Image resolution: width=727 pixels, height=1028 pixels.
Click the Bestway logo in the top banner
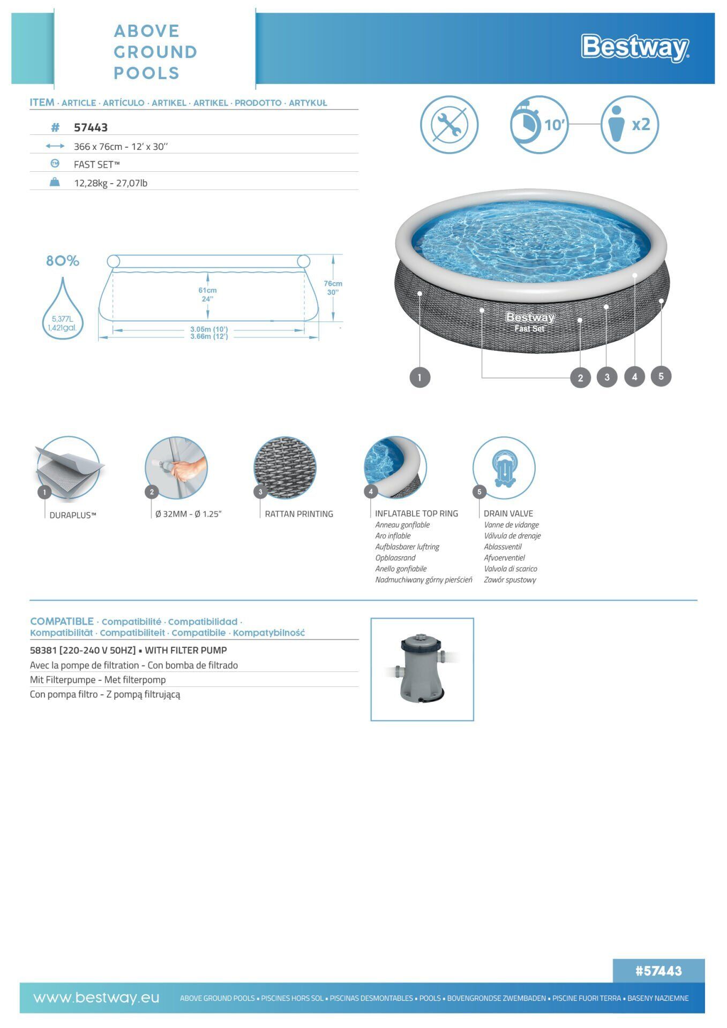(635, 48)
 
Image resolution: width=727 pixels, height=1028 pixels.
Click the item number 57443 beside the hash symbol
(91, 127)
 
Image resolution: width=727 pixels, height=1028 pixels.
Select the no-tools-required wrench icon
(449, 125)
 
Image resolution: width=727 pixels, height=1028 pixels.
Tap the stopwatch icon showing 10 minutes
(539, 124)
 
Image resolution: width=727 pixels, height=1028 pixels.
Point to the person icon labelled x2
(629, 125)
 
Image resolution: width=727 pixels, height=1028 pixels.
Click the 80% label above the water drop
(63, 261)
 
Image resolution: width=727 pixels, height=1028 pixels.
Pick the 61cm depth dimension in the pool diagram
(207, 294)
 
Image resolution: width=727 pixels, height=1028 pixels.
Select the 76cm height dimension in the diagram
(333, 288)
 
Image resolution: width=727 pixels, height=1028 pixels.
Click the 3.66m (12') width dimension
(209, 336)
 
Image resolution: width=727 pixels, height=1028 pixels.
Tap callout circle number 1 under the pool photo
(419, 377)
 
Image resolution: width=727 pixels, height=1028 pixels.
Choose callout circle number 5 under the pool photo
(661, 376)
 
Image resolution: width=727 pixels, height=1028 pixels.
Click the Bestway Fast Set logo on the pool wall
(530, 322)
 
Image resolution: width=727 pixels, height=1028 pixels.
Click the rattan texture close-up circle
(284, 467)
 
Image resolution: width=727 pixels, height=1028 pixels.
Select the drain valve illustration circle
(504, 467)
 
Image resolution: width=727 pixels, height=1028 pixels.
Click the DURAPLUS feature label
(73, 515)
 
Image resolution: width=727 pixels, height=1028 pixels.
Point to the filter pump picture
(422, 669)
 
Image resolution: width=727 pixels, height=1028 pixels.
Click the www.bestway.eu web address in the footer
(96, 997)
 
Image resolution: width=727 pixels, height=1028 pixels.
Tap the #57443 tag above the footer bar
(658, 971)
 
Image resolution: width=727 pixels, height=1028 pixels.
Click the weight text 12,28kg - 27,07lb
(110, 183)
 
